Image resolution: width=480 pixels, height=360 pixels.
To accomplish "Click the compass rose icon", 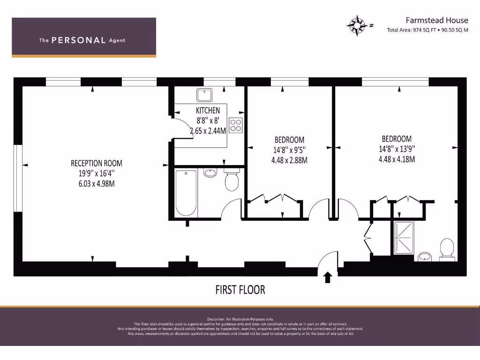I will pyautogui.click(x=358, y=25).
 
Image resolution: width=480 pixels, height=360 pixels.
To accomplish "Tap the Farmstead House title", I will pyautogui.click(x=436, y=20).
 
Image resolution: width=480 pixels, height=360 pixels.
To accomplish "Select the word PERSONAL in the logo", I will pyautogui.click(x=78, y=40).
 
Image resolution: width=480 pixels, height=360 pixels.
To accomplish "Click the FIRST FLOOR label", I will pyautogui.click(x=240, y=290).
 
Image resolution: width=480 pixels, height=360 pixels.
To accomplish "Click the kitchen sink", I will pyautogui.click(x=205, y=96).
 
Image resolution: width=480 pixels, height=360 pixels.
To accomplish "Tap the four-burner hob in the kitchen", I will pyautogui.click(x=236, y=125).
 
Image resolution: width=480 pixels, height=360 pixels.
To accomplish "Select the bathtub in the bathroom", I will pyautogui.click(x=186, y=193).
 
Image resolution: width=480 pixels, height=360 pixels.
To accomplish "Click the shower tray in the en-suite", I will pyautogui.click(x=404, y=237).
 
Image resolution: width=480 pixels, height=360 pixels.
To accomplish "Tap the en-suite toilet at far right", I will pyautogui.click(x=446, y=248).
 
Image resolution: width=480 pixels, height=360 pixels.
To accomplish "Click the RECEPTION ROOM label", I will pyautogui.click(x=97, y=163).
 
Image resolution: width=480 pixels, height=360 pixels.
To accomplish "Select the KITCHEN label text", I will pyautogui.click(x=208, y=111).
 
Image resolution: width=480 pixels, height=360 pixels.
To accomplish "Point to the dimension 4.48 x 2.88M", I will pyautogui.click(x=289, y=160).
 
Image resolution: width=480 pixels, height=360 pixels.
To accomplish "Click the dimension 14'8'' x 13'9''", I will pyautogui.click(x=397, y=149).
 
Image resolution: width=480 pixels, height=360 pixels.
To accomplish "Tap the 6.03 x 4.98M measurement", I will pyautogui.click(x=97, y=183).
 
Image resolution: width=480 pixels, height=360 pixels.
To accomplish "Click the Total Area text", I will pyautogui.click(x=427, y=30).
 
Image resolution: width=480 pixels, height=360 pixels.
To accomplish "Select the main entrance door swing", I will pyautogui.click(x=328, y=262).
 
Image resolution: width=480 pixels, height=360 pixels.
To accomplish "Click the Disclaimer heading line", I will pyautogui.click(x=240, y=319).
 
